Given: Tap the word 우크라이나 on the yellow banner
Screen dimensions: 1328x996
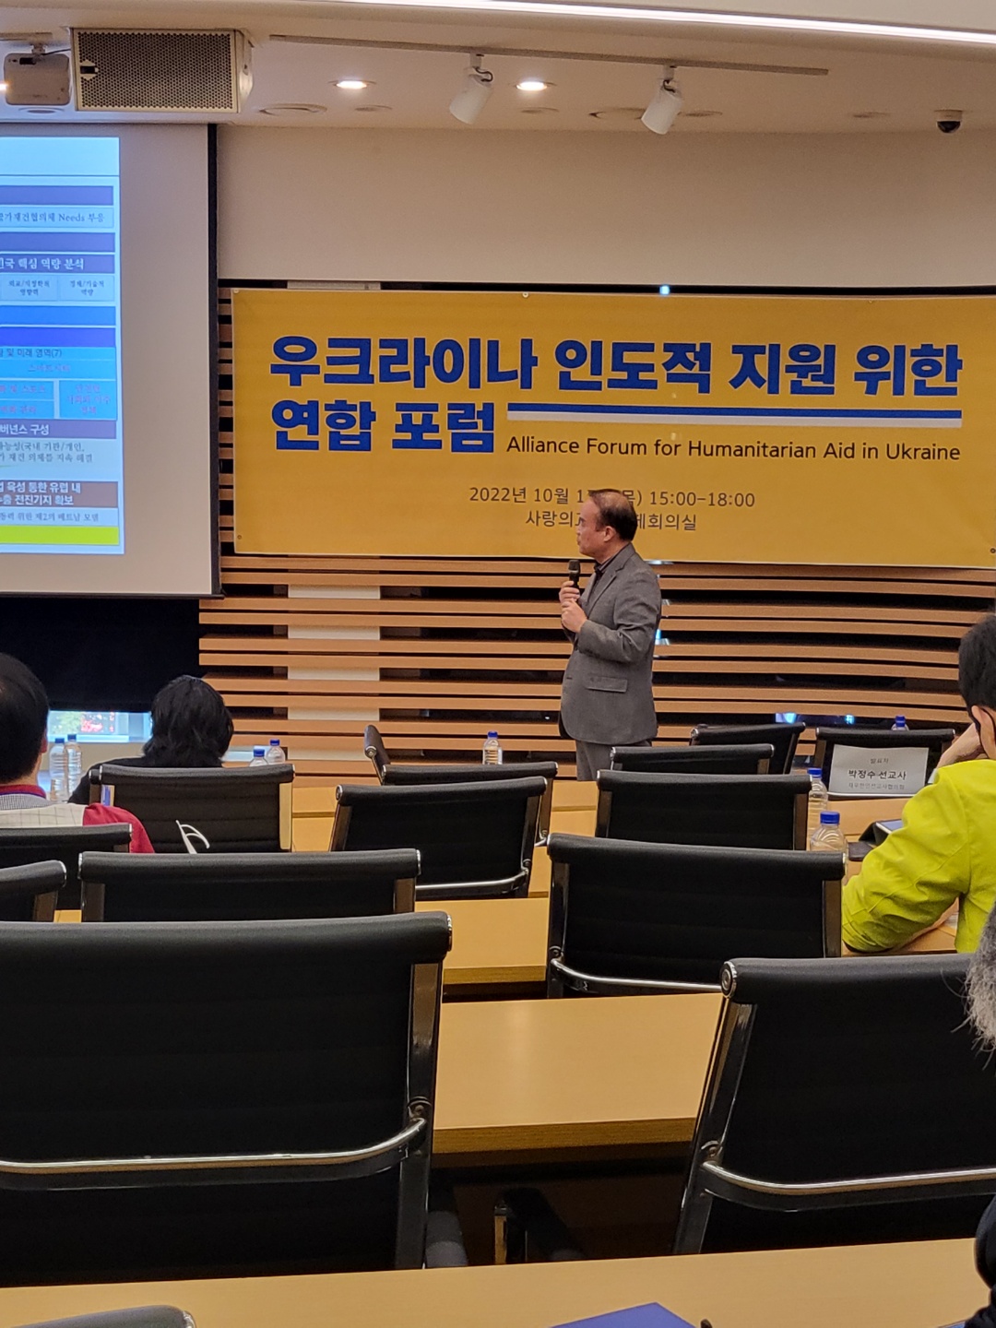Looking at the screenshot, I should coord(402,364).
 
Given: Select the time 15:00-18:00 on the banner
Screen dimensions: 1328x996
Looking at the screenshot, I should coord(702,500).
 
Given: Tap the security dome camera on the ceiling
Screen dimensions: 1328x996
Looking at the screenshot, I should coord(948,121).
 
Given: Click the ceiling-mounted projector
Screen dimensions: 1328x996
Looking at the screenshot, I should coord(37,79).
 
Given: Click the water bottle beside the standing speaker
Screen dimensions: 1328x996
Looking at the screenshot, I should coord(492,748).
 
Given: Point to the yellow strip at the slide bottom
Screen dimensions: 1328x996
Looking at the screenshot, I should coord(60,536).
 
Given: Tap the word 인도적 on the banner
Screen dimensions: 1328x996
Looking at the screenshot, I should coord(633,366).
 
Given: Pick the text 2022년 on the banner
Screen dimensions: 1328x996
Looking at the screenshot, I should coord(497,495).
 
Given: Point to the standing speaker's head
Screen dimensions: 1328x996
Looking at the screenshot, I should coord(609,518).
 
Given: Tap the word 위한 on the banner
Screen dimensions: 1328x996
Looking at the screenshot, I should coord(907,368).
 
